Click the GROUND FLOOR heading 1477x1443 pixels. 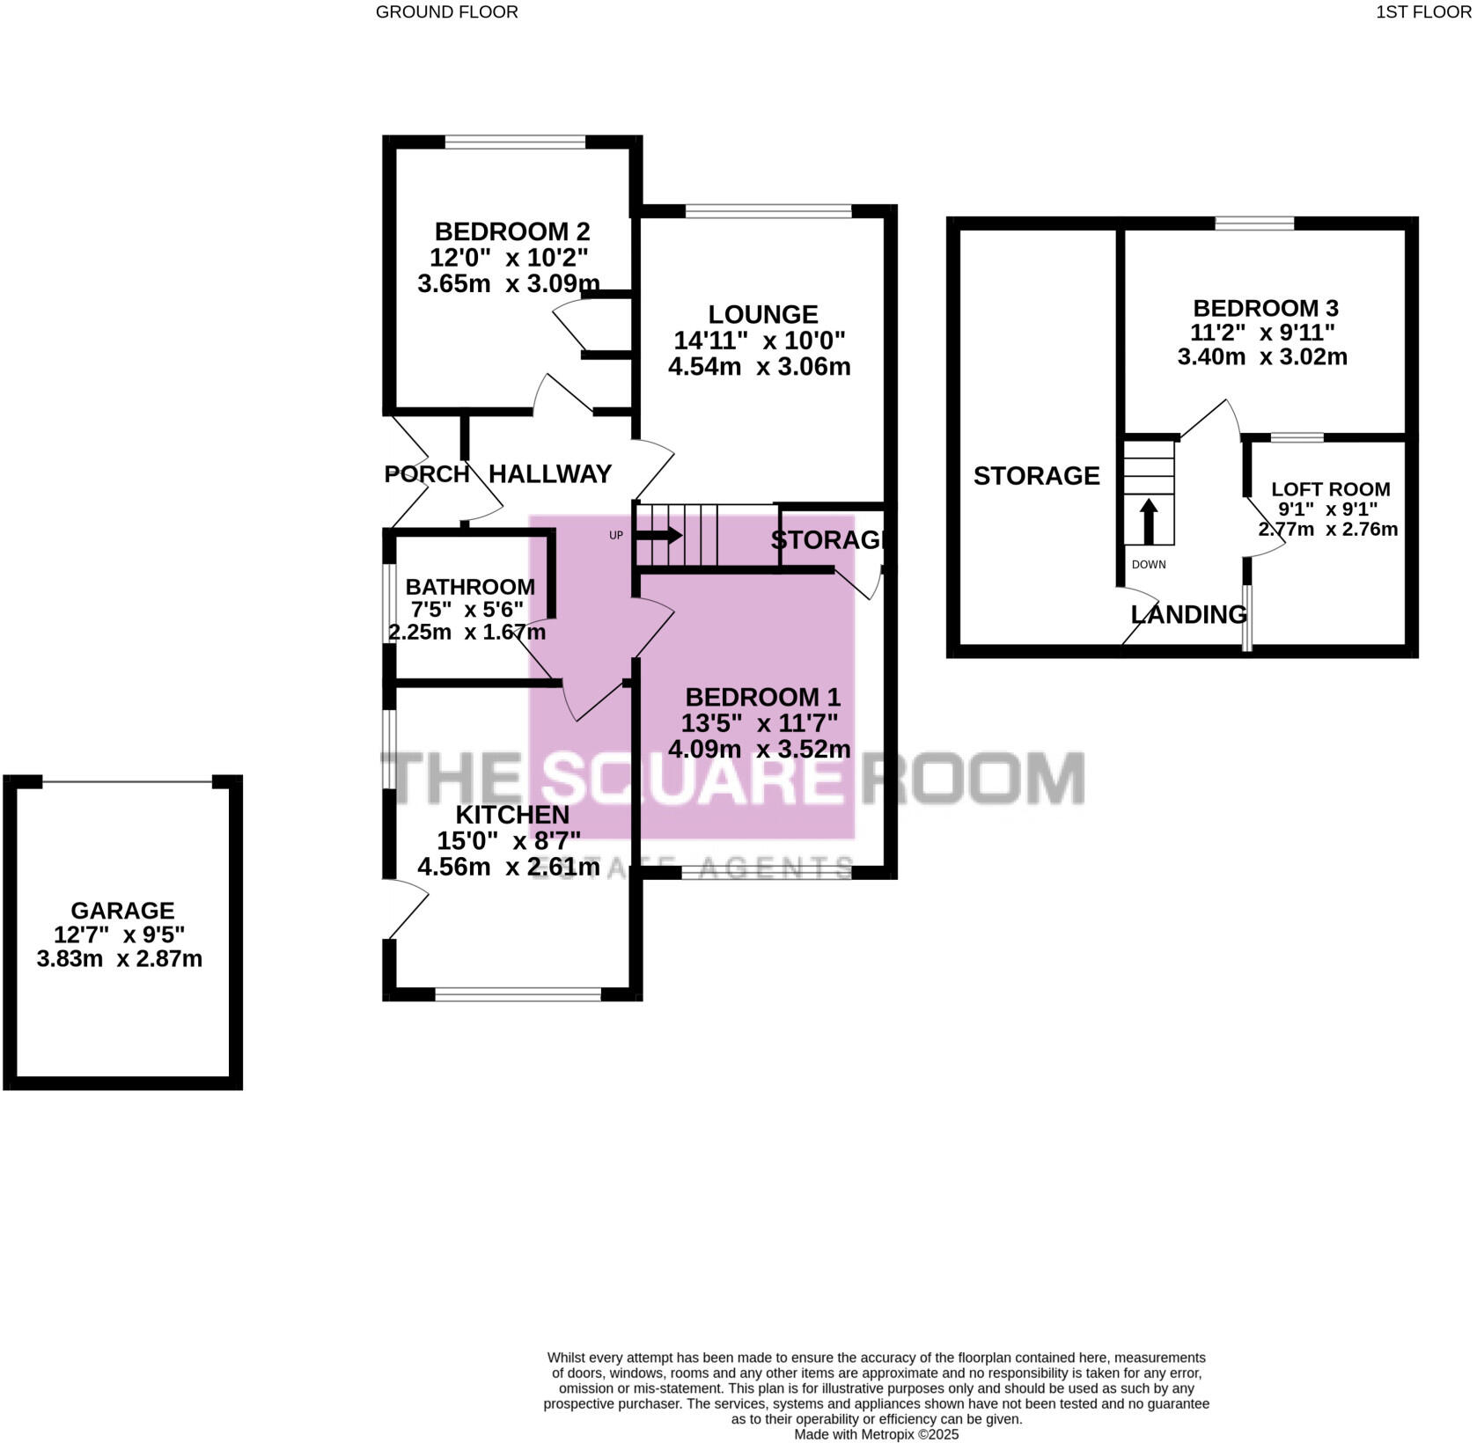coord(446,12)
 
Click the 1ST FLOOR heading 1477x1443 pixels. coord(1423,12)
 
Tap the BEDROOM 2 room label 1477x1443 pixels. coord(511,232)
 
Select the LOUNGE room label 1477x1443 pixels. coord(762,314)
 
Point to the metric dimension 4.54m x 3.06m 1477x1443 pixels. coord(759,366)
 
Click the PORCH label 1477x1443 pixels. coord(426,474)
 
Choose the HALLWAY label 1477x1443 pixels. coord(549,474)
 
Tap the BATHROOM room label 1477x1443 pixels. coord(469,587)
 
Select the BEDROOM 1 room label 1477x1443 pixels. coord(762,698)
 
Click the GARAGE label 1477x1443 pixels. coord(122,911)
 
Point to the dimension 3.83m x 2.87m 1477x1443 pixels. coord(120,959)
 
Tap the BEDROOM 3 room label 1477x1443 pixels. coord(1265,309)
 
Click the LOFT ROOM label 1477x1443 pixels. coord(1330,489)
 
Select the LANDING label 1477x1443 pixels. coord(1188,615)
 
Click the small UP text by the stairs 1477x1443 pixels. coord(616,535)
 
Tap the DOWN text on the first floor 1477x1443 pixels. coord(1148,564)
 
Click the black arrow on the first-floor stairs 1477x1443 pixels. coord(1148,522)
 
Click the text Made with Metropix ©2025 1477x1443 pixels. coord(876,1434)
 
